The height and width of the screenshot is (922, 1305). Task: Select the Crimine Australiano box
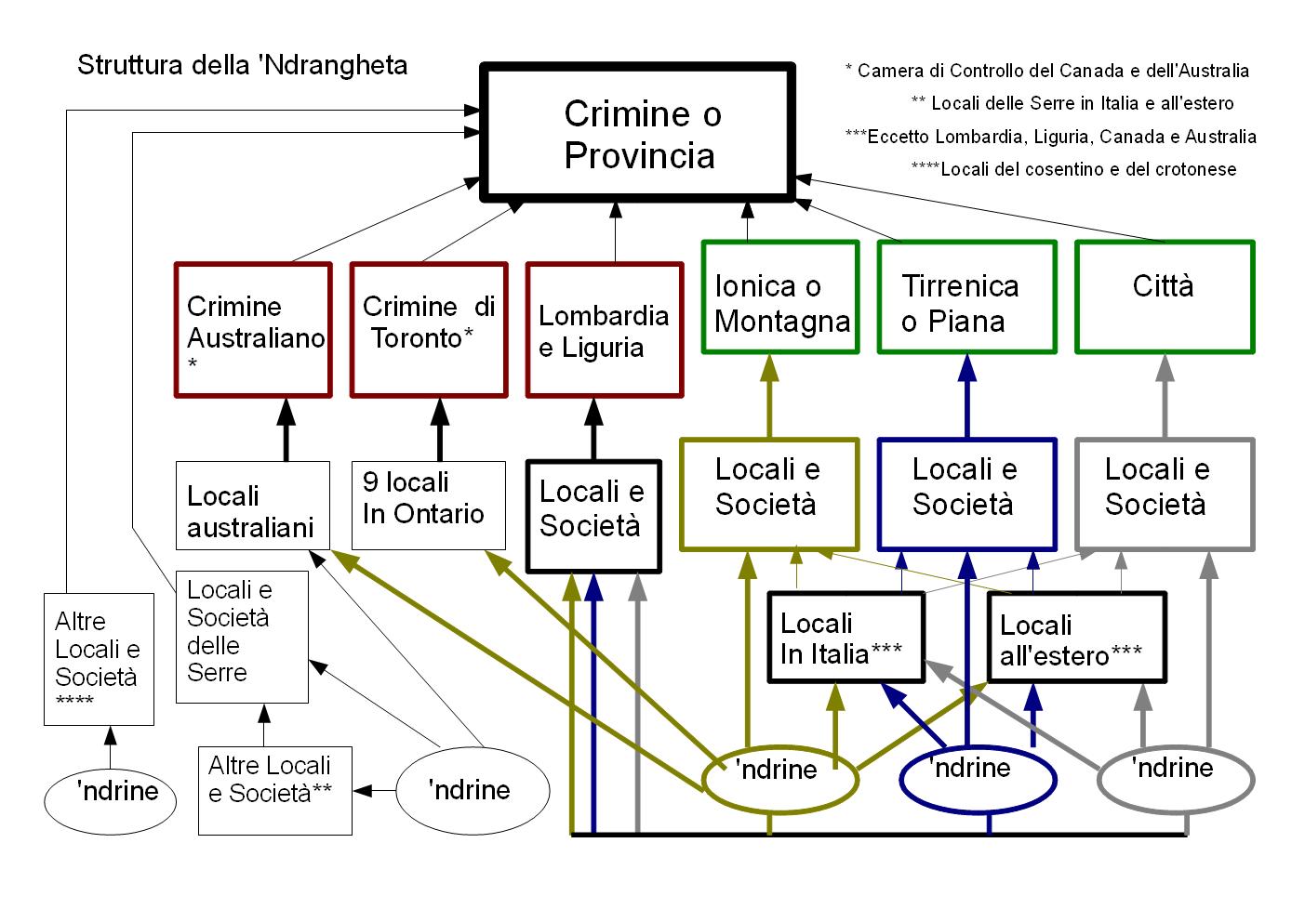pyautogui.click(x=253, y=331)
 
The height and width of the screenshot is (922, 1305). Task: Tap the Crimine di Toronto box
pyautogui.click(x=428, y=331)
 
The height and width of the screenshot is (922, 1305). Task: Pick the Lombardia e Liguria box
pyautogui.click(x=604, y=331)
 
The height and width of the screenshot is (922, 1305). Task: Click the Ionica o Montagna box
pyautogui.click(x=779, y=297)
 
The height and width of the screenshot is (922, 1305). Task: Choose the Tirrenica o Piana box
pyautogui.click(x=967, y=297)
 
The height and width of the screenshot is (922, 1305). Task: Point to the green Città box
pyautogui.click(x=1164, y=297)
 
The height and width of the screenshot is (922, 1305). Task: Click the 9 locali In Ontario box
pyautogui.click(x=428, y=505)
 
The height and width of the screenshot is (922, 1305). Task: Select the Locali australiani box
pyautogui.click(x=253, y=505)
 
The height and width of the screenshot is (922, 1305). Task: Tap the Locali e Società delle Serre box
pyautogui.click(x=242, y=636)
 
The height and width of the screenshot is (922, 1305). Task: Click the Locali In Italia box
pyautogui.click(x=845, y=639)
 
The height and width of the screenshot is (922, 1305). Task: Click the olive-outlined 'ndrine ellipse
pyautogui.click(x=779, y=780)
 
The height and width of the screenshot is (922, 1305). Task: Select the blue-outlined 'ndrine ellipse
pyautogui.click(x=979, y=779)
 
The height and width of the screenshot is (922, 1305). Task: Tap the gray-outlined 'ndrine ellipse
pyautogui.click(x=1176, y=779)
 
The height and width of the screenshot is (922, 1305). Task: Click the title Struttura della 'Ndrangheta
pyautogui.click(x=242, y=65)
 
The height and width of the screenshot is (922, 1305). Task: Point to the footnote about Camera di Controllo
pyautogui.click(x=1046, y=71)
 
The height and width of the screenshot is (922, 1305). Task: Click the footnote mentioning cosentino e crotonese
pyautogui.click(x=1073, y=169)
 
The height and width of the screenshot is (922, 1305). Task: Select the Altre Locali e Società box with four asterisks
pyautogui.click(x=99, y=659)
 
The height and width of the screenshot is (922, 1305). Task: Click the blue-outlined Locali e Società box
pyautogui.click(x=967, y=494)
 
